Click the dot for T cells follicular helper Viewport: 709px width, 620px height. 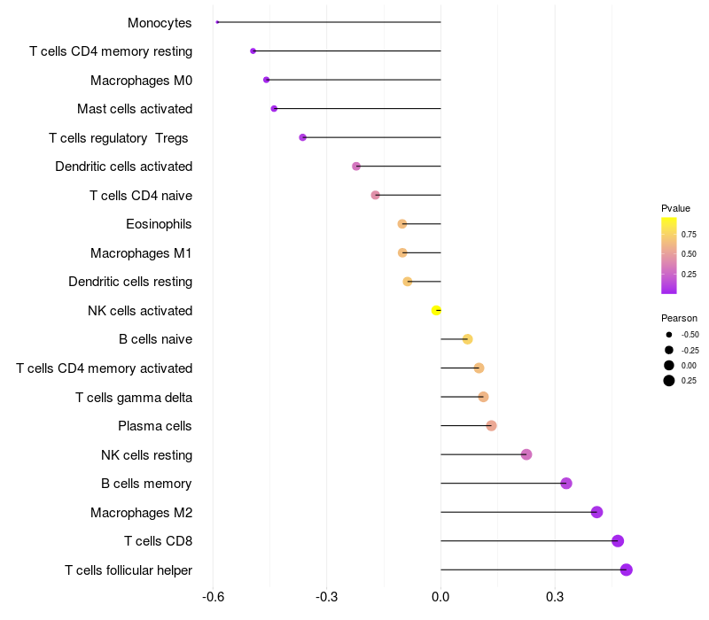[x=627, y=570]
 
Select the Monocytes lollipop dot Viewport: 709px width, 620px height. [x=217, y=22]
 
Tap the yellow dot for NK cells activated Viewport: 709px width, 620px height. [x=436, y=310]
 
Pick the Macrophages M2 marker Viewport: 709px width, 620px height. [x=596, y=512]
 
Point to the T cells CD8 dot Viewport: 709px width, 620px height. [x=618, y=541]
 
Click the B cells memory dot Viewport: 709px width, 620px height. [x=566, y=484]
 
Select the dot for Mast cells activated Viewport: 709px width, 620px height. [x=274, y=108]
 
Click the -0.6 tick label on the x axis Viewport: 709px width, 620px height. [x=213, y=597]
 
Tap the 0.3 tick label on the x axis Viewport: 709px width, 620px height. [x=555, y=597]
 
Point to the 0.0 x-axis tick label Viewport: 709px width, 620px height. [x=440, y=597]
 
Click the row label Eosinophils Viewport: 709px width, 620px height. [x=159, y=224]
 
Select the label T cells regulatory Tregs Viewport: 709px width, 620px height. [x=121, y=138]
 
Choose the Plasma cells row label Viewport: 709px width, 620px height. [x=155, y=426]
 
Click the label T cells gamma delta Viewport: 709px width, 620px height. [x=134, y=398]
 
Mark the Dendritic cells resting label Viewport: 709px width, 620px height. [x=130, y=282]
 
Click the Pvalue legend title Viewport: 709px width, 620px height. [x=675, y=208]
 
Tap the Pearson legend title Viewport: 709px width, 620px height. [x=679, y=318]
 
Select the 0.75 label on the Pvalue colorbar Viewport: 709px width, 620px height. [x=689, y=235]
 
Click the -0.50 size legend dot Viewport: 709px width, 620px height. [x=668, y=335]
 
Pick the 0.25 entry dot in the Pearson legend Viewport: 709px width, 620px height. [x=668, y=381]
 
